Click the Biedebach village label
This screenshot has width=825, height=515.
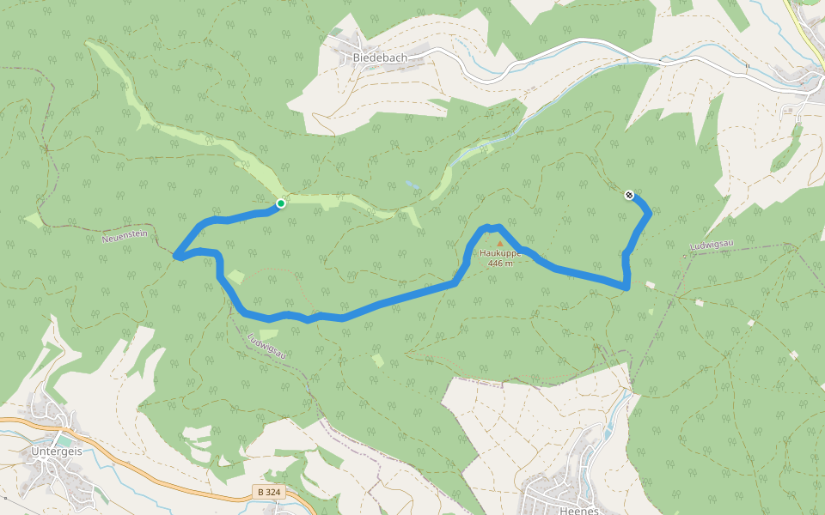click(x=379, y=58)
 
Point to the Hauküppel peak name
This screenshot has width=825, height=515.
click(x=500, y=253)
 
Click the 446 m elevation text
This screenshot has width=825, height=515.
click(x=500, y=264)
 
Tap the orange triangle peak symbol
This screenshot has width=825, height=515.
click(x=500, y=244)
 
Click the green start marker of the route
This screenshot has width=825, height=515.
click(x=280, y=203)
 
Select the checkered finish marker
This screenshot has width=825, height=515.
click(x=629, y=195)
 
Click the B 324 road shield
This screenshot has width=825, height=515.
click(x=269, y=492)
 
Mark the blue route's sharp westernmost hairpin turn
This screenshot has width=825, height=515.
click(x=176, y=255)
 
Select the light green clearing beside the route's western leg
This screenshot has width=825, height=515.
click(x=236, y=276)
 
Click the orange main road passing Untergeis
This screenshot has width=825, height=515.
click(x=172, y=490)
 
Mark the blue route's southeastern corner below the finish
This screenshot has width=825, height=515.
click(x=627, y=286)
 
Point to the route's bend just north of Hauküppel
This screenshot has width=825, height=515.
click(x=489, y=227)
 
